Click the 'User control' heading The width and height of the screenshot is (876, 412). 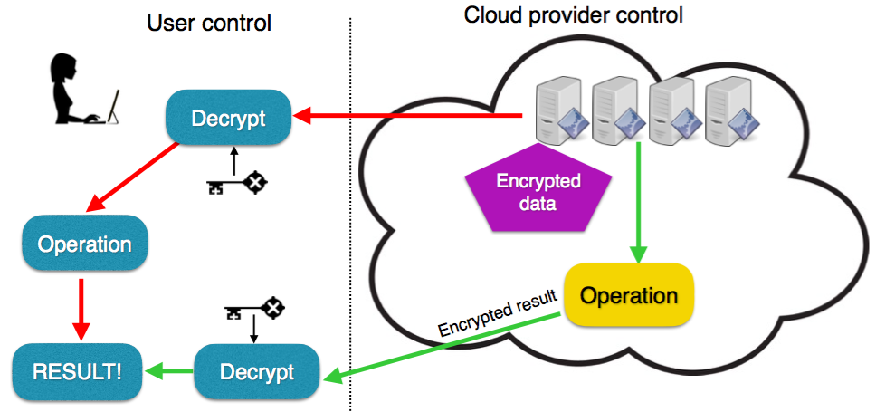[x=209, y=22]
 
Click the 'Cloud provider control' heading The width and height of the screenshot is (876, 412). [x=573, y=15]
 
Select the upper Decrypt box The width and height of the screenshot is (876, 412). [x=227, y=119]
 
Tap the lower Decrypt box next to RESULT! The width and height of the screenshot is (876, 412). [x=257, y=371]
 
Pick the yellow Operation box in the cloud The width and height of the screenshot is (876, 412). [x=629, y=296]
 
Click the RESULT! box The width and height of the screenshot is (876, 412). [x=76, y=371]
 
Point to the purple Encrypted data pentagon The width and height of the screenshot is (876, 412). [x=538, y=191]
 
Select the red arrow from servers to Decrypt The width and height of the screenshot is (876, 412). [x=407, y=116]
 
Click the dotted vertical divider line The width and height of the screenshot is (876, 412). [x=350, y=226]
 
